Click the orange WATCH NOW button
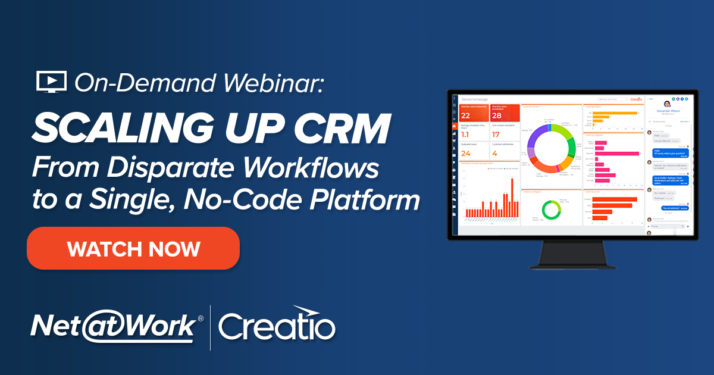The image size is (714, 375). click(x=133, y=248)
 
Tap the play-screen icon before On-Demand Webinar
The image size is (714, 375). click(x=51, y=82)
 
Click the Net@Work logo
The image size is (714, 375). click(x=113, y=326)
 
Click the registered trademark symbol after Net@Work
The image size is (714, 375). click(x=200, y=319)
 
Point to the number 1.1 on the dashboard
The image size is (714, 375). click(x=466, y=135)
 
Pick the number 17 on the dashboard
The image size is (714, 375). click(x=496, y=135)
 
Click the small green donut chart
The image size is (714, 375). click(x=551, y=210)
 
